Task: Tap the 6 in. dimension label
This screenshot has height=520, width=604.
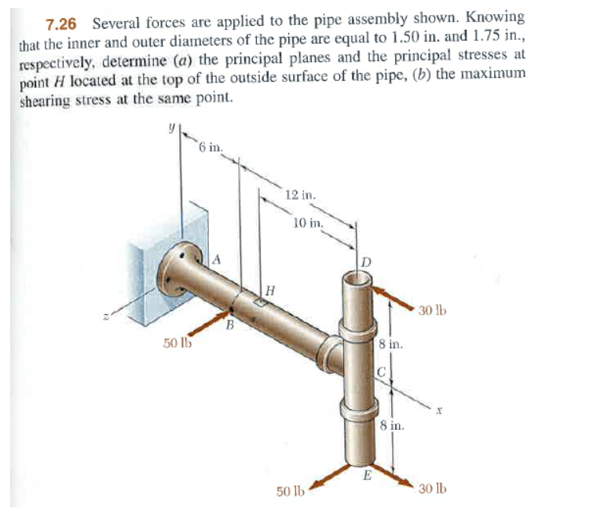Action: coord(210,147)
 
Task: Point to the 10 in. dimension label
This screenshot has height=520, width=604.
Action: coord(306,222)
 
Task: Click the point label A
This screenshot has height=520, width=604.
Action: coord(217,258)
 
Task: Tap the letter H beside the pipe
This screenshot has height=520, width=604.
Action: coord(269,291)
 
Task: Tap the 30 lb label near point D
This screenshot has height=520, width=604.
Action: coord(431,310)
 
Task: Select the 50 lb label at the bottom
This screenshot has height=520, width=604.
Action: coord(291,492)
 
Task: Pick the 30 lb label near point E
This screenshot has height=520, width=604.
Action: coord(432,488)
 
